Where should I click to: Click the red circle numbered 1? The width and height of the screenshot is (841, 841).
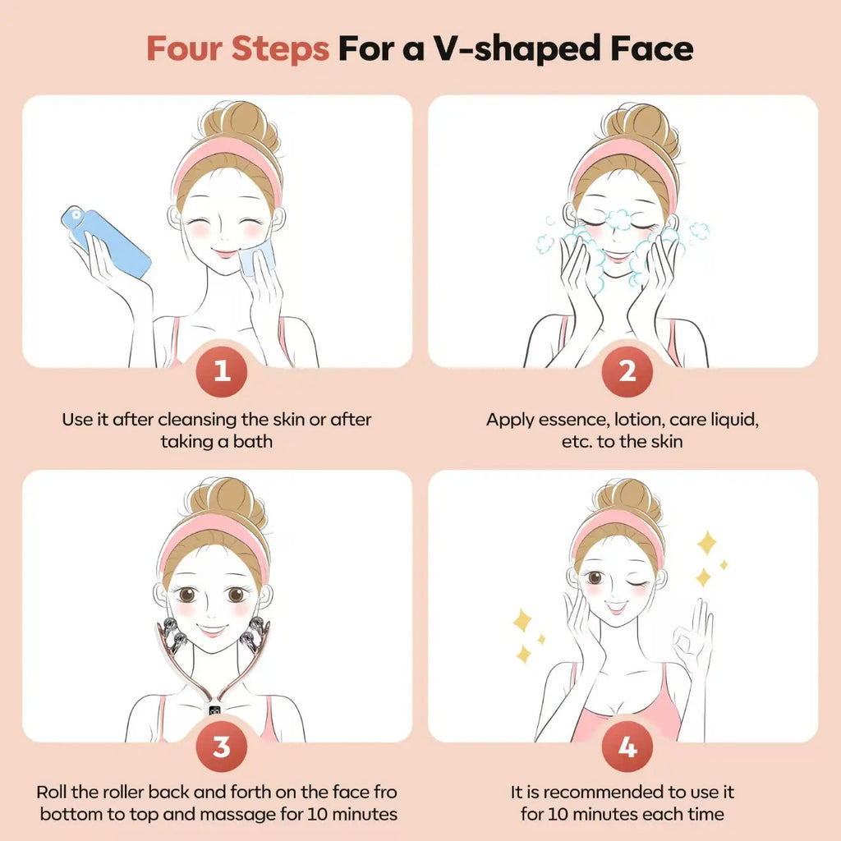(222, 371)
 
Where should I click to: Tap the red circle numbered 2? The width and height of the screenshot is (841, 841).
(627, 371)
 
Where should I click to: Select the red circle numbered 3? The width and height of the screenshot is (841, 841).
(222, 746)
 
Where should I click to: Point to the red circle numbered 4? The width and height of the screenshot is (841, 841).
(627, 746)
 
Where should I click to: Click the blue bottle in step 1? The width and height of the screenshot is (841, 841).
(106, 241)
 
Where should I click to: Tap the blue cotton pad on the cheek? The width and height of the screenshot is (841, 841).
(257, 258)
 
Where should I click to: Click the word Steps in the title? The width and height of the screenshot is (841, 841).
(280, 49)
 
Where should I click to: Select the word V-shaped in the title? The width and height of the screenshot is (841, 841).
(517, 49)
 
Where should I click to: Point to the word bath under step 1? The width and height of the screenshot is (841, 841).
(253, 441)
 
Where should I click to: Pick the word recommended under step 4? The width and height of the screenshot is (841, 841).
(603, 792)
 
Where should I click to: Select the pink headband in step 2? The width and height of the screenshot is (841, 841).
(624, 160)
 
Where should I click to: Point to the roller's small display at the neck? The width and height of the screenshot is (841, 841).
(215, 710)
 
